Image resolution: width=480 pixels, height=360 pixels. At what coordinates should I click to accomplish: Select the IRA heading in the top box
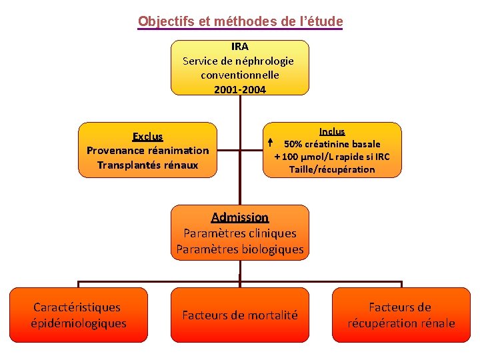point(239,47)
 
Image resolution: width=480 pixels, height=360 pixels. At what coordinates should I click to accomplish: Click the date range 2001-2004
point(239,89)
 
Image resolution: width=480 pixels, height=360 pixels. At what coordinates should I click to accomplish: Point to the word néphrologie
point(260,61)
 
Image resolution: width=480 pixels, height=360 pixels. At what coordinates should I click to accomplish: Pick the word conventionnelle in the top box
point(239,75)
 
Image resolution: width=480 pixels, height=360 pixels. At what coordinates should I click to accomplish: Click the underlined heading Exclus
point(147,137)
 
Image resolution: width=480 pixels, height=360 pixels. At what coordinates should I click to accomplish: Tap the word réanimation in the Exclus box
point(178,151)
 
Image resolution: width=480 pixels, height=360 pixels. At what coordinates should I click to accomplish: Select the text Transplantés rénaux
point(147,165)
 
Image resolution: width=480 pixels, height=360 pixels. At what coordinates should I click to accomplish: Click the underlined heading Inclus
point(332,131)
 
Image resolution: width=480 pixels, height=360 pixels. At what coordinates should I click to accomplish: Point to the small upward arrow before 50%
point(270,143)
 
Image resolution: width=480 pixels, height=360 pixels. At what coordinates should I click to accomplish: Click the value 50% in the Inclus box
point(295,144)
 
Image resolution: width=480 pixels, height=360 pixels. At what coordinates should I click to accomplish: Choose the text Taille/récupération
point(332,169)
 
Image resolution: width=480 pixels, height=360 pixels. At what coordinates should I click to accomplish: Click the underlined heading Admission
point(239,217)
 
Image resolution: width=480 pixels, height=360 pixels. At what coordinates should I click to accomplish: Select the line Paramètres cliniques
point(239,233)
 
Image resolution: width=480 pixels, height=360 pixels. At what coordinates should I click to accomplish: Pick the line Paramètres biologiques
point(239,250)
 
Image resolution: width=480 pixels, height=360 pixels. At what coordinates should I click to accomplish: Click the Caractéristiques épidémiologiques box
point(78,315)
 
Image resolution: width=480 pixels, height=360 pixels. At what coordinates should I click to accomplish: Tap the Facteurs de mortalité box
point(240,315)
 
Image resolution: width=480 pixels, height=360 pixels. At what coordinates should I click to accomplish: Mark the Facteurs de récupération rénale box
point(401,315)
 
